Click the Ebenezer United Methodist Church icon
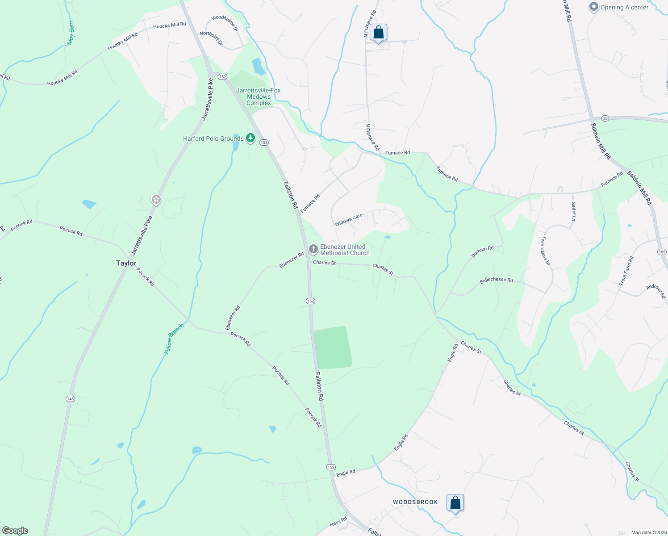coord(313,249)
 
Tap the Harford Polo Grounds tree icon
coord(250,138)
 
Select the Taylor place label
coord(126,263)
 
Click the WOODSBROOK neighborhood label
coord(415,502)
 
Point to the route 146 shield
coord(70,398)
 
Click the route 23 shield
coord(605,118)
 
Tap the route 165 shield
coord(662,252)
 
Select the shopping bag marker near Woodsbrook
coord(455,503)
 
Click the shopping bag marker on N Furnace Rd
coord(378,33)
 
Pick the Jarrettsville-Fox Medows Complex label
coord(259,96)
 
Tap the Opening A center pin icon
coord(593,7)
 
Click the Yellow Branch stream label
coord(174,339)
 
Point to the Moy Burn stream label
coord(71,33)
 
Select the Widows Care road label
coord(349,220)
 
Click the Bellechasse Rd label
coord(496,280)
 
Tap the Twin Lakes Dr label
coord(546,251)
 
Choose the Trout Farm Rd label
coord(626,271)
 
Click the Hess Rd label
coord(338,522)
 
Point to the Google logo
coord(15,530)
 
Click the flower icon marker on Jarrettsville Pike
coord(156,200)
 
